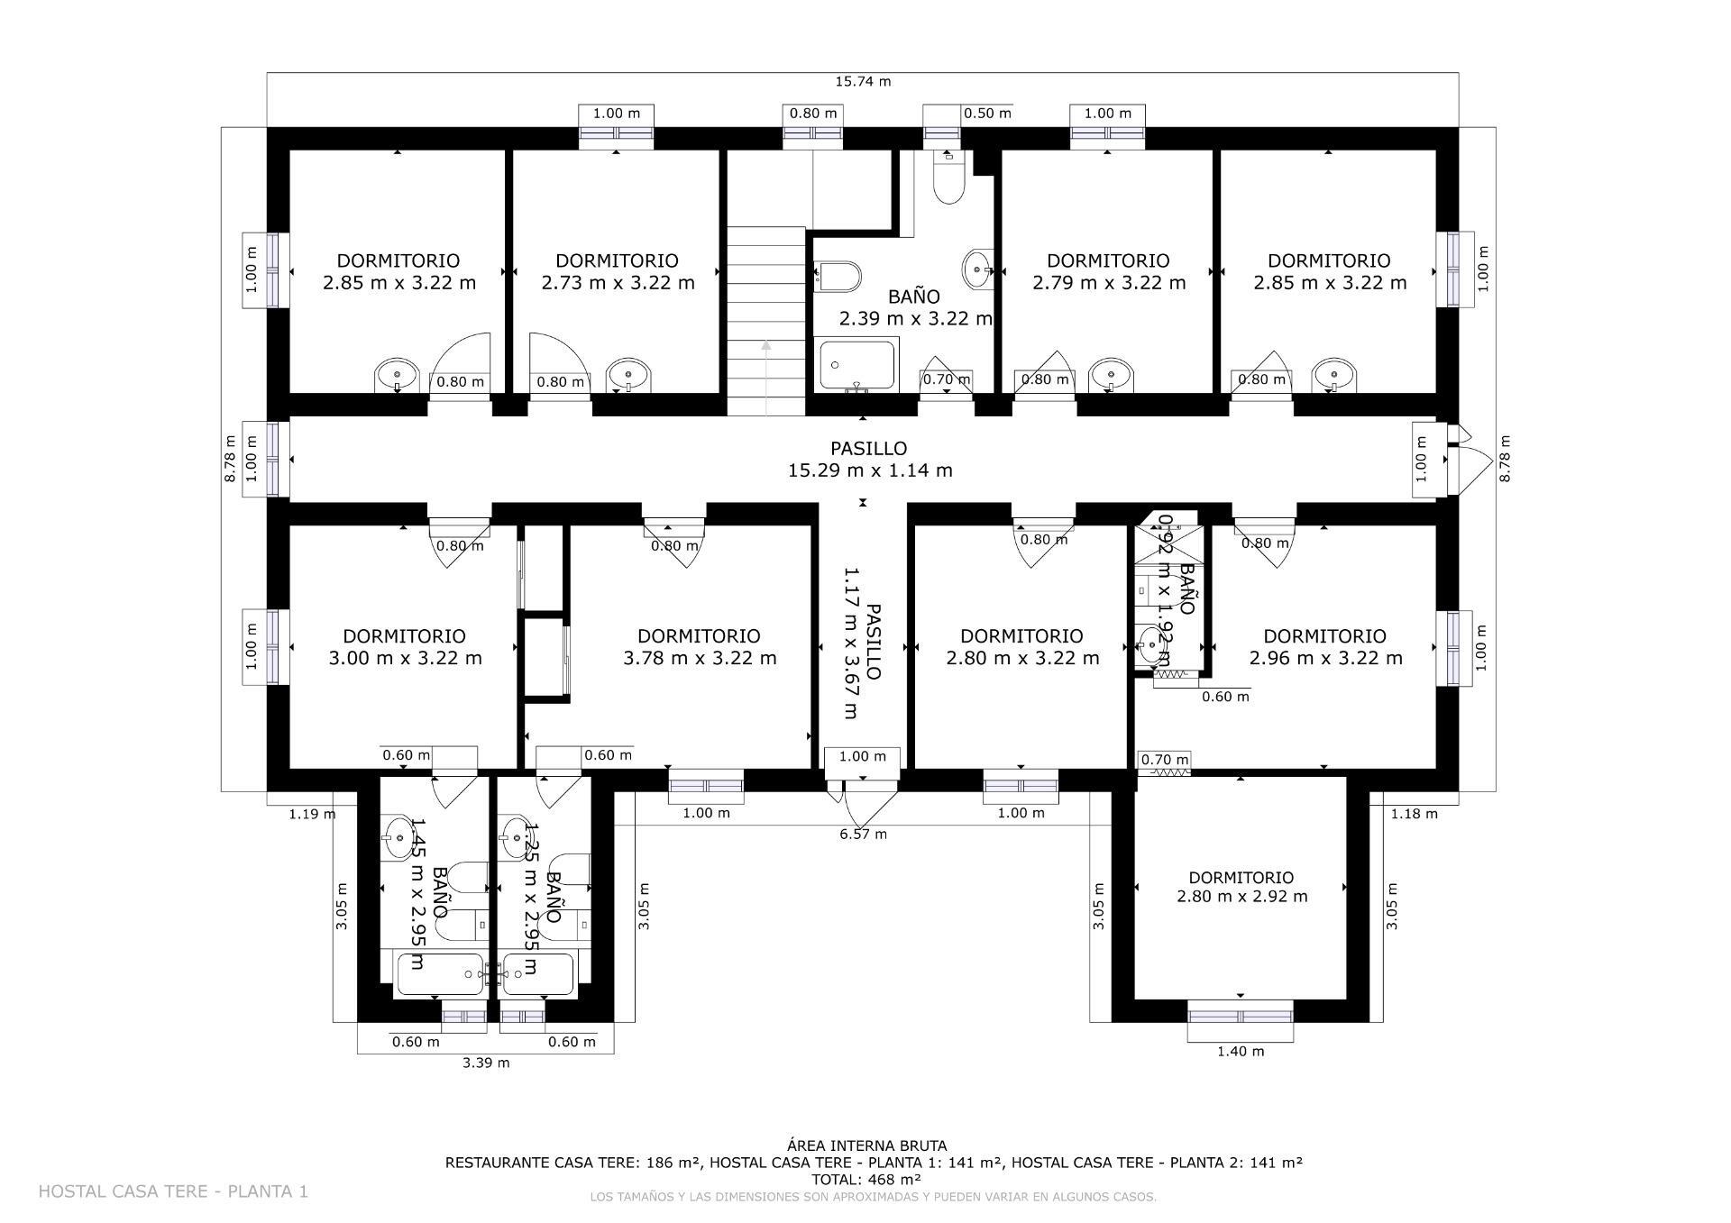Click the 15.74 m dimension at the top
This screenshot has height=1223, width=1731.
coord(863,81)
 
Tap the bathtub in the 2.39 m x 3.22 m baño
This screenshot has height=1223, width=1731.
coord(856,364)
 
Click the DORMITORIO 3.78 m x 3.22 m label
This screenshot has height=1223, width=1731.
coord(700,647)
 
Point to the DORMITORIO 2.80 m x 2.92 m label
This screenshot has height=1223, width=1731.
coord(1241,887)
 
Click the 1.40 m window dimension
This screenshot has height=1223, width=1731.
coord(1241,1051)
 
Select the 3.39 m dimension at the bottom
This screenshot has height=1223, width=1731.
coord(486,1063)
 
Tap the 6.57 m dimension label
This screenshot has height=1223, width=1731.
coord(863,835)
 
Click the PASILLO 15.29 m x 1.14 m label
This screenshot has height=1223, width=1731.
coord(869,459)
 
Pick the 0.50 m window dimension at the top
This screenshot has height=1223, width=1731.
coord(987,114)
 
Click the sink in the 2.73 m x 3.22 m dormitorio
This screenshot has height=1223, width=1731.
coord(627,373)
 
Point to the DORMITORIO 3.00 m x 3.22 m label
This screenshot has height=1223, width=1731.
coord(405,647)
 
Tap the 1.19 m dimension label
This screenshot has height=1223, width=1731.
coord(312,814)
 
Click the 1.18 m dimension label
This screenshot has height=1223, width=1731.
coord(1414,814)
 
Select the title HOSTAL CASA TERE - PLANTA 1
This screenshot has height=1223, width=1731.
coord(173,1191)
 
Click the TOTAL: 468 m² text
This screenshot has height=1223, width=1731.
coord(865,1179)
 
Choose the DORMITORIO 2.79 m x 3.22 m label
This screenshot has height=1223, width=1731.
coord(1108,271)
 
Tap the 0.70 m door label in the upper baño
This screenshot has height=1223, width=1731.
coord(946,379)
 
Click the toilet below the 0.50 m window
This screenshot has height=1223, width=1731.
coord(948,185)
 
